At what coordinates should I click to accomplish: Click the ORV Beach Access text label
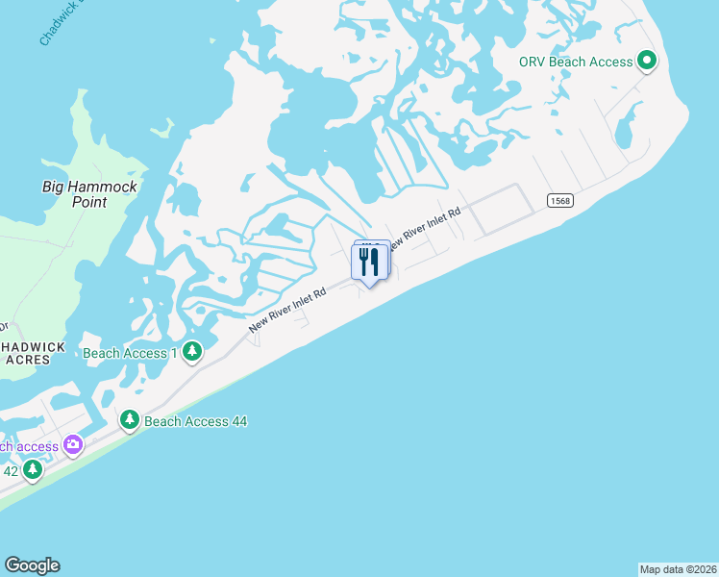pyautogui.click(x=576, y=62)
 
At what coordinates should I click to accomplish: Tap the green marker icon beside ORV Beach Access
pyautogui.click(x=648, y=62)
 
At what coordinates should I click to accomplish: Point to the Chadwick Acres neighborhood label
pyautogui.click(x=33, y=353)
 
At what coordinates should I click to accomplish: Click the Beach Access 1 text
pyautogui.click(x=130, y=353)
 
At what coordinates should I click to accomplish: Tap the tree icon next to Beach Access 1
pyautogui.click(x=192, y=352)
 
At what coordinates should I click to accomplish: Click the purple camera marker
pyautogui.click(x=73, y=445)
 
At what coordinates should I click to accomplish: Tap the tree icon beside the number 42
pyautogui.click(x=34, y=470)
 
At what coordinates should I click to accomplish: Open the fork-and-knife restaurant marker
pyautogui.click(x=370, y=263)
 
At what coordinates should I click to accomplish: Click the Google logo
pyautogui.click(x=32, y=565)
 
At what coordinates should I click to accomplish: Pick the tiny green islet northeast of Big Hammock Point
pyautogui.click(x=164, y=128)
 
